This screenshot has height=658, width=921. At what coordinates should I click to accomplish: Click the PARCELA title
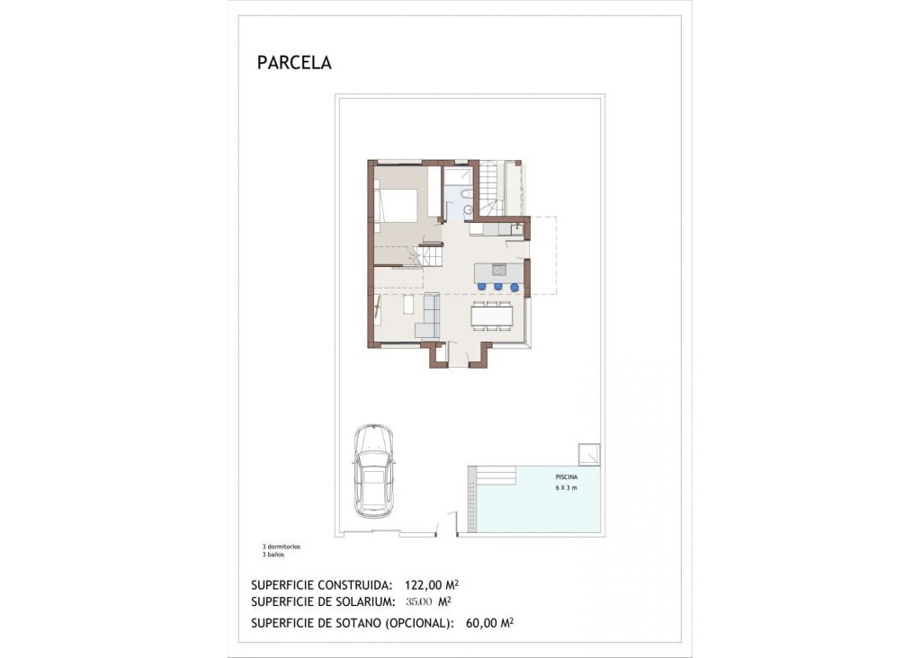pos(294,63)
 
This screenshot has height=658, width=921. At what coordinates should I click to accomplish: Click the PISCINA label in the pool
pos(566,477)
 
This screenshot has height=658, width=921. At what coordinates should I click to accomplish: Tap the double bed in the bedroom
pos(396,205)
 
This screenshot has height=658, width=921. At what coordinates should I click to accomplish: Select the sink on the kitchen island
pos(497,269)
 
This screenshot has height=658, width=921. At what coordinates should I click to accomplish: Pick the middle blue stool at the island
pos(498,287)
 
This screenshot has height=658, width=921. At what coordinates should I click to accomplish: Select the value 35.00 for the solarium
pos(418,601)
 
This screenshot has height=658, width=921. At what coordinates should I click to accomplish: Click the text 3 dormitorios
pos(281,547)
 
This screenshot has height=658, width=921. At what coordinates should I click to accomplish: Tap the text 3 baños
pos(273,555)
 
